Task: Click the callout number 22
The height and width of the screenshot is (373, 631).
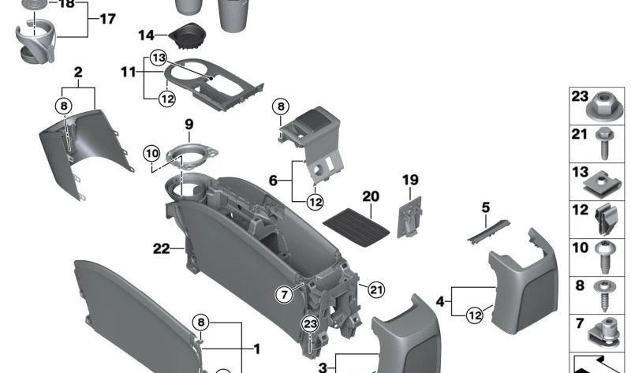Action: pos(161,249)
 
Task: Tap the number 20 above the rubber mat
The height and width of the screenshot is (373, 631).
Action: pos(371,196)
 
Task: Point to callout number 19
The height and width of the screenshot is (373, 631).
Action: pos(410,180)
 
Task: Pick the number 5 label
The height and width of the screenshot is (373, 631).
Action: pos(486,208)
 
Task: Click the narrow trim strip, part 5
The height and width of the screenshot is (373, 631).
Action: pos(484,234)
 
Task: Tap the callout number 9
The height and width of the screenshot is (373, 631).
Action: pos(189,124)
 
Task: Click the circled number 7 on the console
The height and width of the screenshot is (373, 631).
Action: pos(283,293)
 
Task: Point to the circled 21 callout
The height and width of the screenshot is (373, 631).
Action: pos(376,289)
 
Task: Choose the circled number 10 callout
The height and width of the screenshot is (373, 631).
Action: pos(152,152)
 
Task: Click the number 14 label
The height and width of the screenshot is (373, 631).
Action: pos(147,35)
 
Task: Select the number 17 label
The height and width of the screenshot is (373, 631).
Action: pos(107,18)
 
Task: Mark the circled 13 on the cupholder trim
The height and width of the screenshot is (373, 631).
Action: pos(159,58)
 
